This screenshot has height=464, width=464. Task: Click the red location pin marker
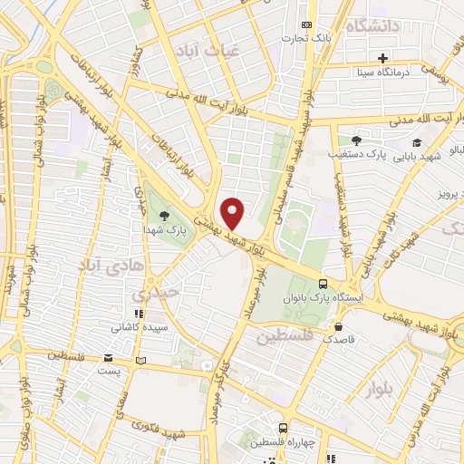click(233, 213)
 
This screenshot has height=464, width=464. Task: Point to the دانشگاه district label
click(373, 26)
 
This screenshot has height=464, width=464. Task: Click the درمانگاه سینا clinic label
click(385, 71)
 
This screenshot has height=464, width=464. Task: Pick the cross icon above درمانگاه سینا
click(383, 58)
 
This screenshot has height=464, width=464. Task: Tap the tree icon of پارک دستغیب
click(356, 140)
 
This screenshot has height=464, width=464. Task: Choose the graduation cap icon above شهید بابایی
click(417, 142)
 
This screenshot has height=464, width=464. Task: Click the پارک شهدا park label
click(164, 230)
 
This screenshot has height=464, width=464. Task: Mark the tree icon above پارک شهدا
click(164, 216)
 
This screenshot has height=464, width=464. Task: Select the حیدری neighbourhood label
click(150, 295)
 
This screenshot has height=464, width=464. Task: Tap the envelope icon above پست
click(110, 358)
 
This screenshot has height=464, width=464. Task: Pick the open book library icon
click(140, 362)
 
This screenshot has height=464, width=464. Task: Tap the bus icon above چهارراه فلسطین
click(283, 428)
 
